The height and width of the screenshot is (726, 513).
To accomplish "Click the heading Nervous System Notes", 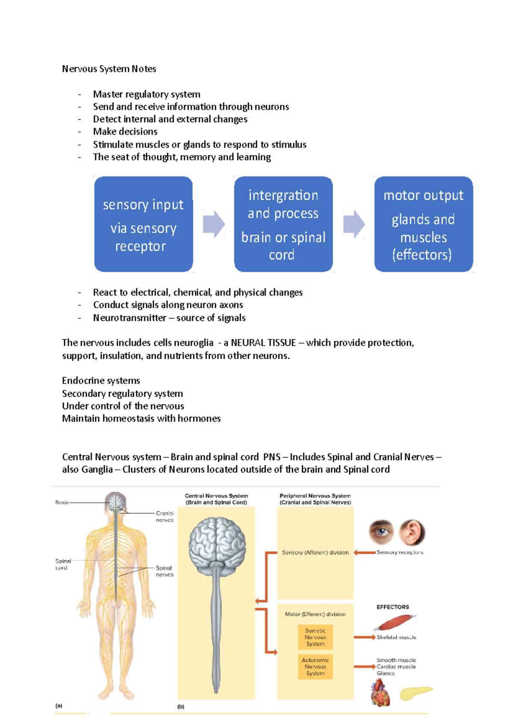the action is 109,69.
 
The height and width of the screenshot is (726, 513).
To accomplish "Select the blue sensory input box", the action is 143,224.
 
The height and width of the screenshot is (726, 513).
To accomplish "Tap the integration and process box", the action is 283,224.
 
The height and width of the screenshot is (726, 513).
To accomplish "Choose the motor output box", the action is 423,224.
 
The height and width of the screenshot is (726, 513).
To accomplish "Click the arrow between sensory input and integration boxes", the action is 213,224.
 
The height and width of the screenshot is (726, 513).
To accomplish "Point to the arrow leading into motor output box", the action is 354,224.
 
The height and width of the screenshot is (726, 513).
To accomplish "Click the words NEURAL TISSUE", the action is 263,343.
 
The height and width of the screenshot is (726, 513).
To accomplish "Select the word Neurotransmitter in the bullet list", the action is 130,318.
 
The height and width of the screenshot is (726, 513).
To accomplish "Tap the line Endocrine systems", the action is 101,381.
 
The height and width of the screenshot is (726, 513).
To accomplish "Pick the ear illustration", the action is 412,532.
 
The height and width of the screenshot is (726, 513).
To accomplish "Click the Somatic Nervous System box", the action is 315,637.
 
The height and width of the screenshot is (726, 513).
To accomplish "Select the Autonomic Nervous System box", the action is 315,667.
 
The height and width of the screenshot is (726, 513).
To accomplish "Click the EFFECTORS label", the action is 392,607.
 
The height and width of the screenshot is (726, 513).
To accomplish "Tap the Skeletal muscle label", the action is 396,637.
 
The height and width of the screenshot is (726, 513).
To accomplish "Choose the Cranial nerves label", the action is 165,516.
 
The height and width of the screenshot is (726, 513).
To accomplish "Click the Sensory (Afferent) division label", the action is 315,552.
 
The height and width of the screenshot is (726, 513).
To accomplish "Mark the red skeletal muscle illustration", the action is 395,622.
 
